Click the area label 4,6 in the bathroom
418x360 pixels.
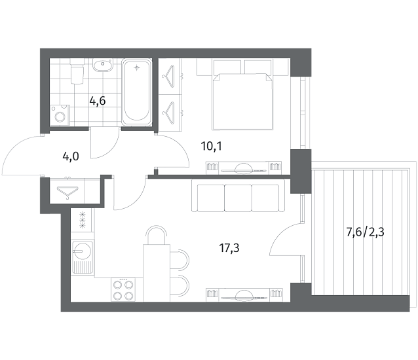tap(98, 101)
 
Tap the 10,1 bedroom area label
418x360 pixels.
tap(212, 146)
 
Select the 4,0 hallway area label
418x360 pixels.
tap(71, 156)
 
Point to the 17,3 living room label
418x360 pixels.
tap(229, 248)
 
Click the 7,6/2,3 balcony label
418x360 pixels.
tap(365, 232)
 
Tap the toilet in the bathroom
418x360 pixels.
tap(77, 72)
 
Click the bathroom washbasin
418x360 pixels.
tap(103, 65)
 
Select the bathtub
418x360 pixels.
tap(137, 92)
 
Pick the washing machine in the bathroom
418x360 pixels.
tap(60, 115)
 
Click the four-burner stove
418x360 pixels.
tap(123, 290)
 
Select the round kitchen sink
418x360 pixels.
tap(83, 251)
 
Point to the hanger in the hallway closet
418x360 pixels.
tap(67, 192)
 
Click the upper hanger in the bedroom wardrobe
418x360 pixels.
tap(168, 76)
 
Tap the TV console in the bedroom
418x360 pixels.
tap(244, 168)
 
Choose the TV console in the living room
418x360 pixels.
tap(244, 295)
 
